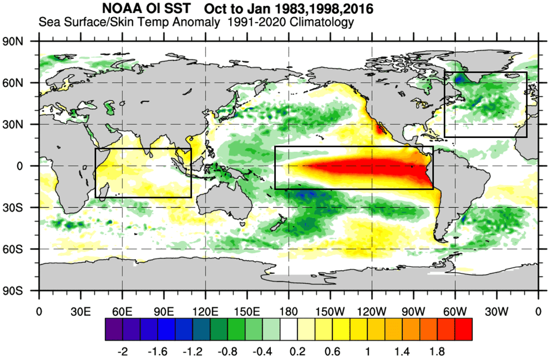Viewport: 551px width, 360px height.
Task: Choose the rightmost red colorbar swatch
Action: [x=463, y=330]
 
